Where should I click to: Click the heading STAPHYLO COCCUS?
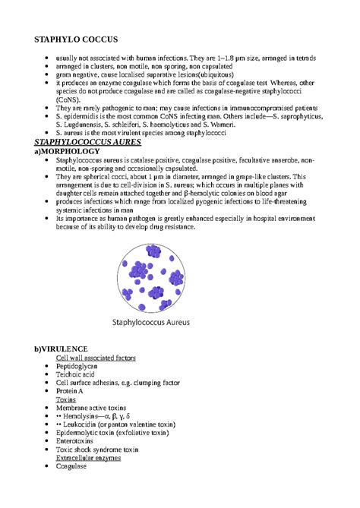[x=76, y=39]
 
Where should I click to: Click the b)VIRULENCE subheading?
[x=66, y=348]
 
